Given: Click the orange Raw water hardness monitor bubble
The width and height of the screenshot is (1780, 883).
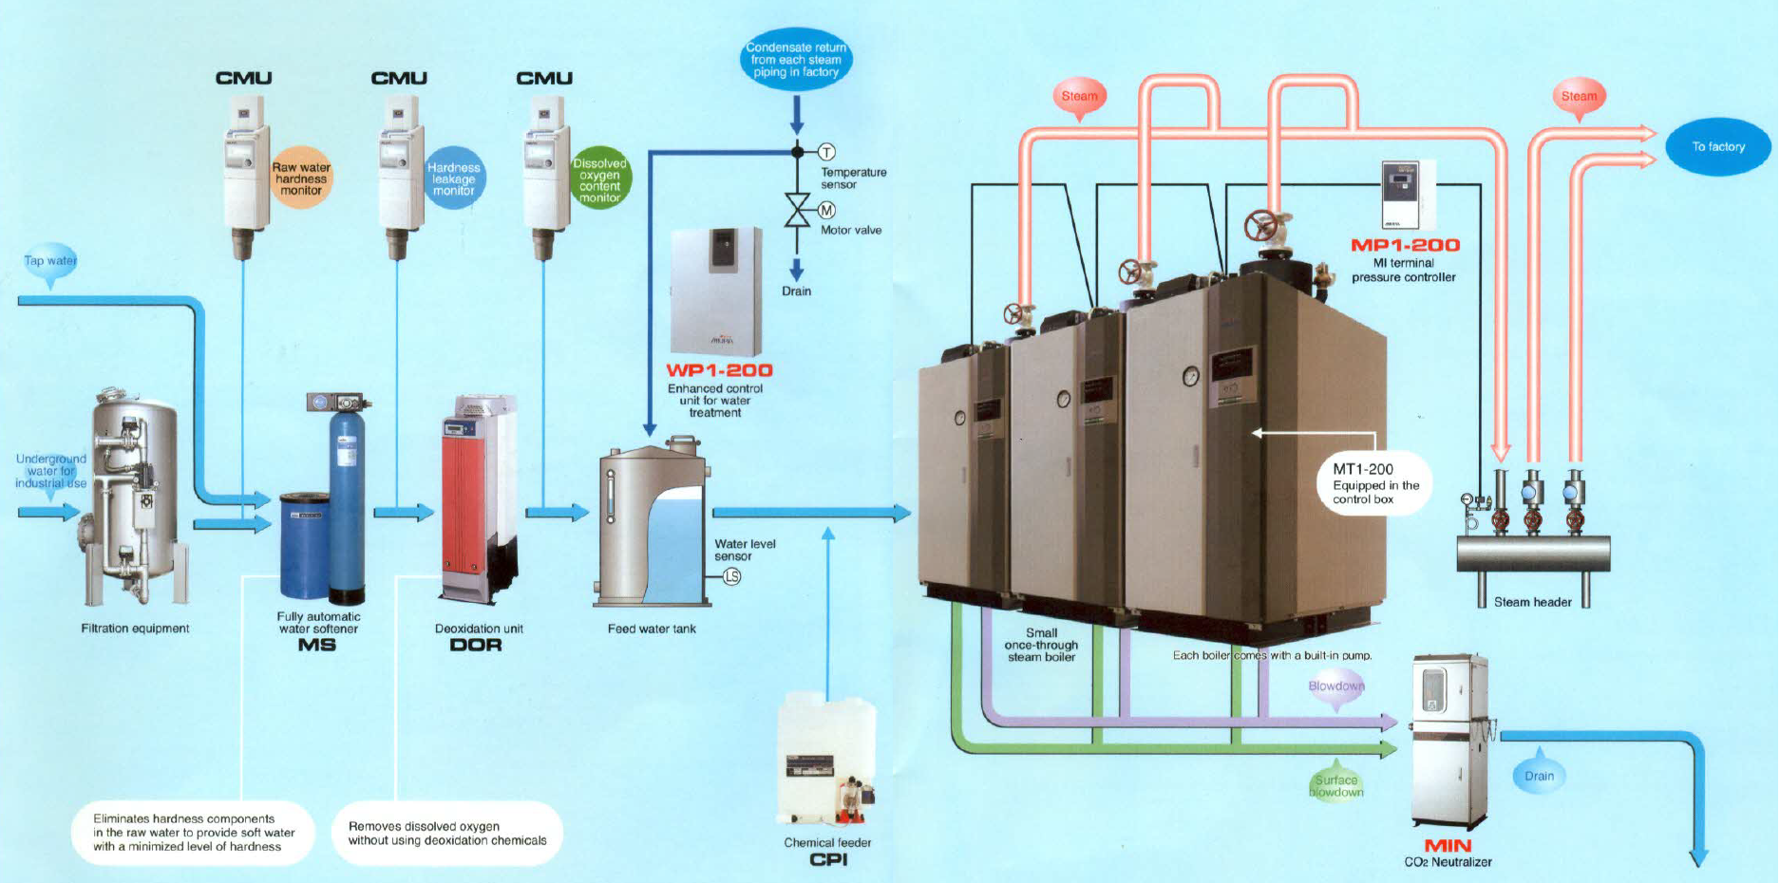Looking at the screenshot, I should (x=302, y=178).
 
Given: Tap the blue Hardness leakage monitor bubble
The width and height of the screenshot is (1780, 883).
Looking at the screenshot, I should (x=454, y=178).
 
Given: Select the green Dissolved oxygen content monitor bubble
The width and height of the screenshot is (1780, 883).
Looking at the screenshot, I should (x=600, y=179).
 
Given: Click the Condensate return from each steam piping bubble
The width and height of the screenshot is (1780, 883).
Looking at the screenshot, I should (x=796, y=59).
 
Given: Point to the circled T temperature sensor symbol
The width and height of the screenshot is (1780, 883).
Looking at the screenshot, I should (x=826, y=152).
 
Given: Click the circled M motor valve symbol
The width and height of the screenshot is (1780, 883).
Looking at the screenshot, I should (x=826, y=210).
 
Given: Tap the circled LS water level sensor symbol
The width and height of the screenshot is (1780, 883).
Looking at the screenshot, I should (x=731, y=576).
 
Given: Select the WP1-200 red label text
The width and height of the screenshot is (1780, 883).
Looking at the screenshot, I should (x=719, y=370).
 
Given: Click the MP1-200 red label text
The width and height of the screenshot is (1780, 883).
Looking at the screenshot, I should (x=1405, y=245).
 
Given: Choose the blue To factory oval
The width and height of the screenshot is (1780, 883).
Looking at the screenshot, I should (x=1718, y=146).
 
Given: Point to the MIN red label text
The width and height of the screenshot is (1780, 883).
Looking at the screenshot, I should (x=1448, y=845).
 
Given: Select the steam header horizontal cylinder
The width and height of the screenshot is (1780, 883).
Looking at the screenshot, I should (x=1533, y=554).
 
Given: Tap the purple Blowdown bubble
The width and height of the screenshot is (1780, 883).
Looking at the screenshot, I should (x=1336, y=686).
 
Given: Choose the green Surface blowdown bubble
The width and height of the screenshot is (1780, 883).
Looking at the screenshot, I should (x=1336, y=785).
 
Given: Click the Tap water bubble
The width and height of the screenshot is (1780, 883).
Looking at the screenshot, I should (x=50, y=261).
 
